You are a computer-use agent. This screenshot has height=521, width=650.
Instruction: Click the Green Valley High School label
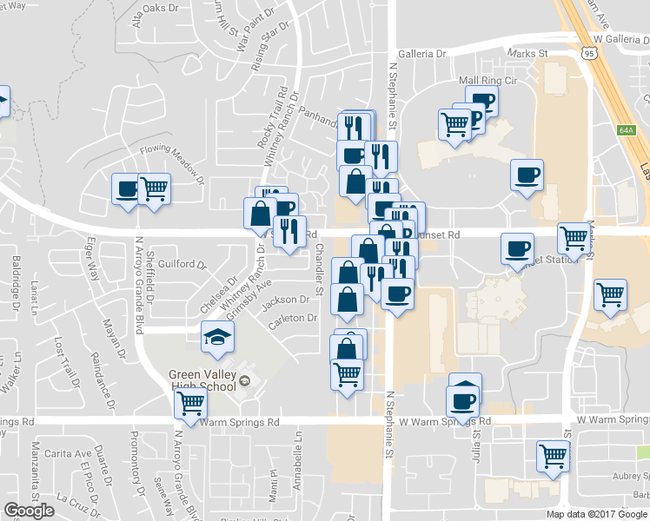coord(202,380)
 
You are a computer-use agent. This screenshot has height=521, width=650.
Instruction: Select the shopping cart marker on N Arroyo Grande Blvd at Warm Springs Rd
coord(190,403)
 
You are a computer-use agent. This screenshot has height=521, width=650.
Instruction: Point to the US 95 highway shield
coord(589,54)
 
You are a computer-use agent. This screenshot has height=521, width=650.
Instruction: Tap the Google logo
coord(29,511)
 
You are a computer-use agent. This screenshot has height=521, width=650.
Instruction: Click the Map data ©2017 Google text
coord(597,514)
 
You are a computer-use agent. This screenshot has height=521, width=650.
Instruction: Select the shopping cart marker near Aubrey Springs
coord(553,456)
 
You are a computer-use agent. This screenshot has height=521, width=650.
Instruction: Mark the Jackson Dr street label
coord(286,300)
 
